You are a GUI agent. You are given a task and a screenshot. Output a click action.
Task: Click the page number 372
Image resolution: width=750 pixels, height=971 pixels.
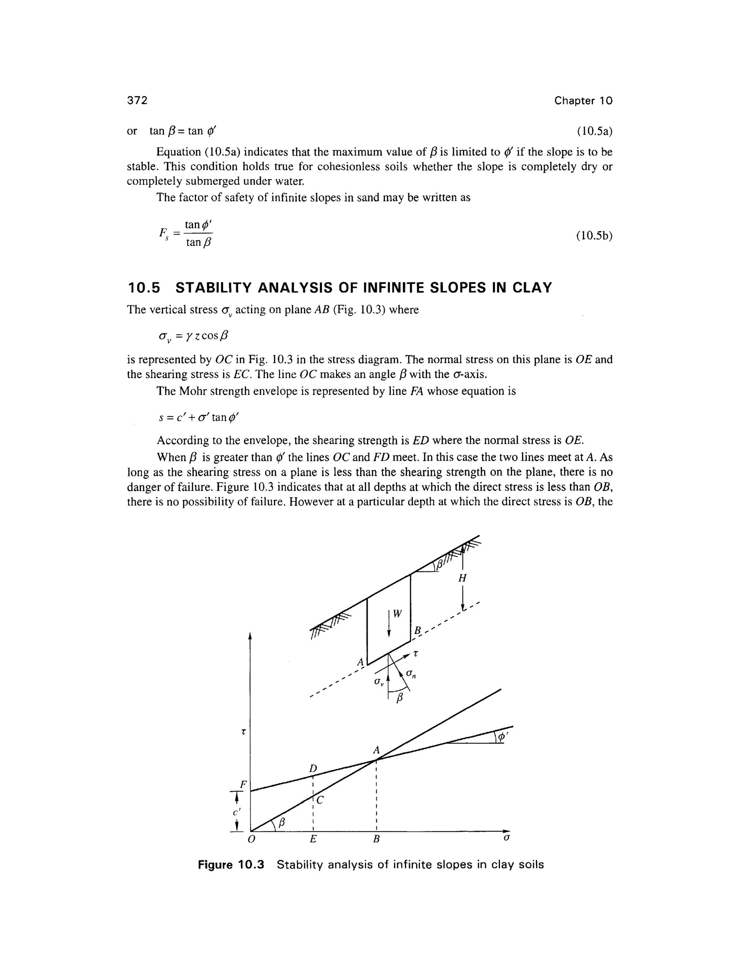pyautogui.click(x=137, y=100)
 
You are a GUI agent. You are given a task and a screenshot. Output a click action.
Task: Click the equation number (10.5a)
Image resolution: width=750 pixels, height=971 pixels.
pyautogui.click(x=594, y=131)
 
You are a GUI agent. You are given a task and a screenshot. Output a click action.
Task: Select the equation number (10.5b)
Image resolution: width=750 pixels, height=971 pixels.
pyautogui.click(x=594, y=236)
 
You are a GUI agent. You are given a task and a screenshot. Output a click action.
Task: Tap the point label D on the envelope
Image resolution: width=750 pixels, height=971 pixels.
pyautogui.click(x=313, y=768)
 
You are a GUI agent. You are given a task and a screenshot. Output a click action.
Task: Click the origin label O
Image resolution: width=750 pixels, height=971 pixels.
pyautogui.click(x=252, y=839)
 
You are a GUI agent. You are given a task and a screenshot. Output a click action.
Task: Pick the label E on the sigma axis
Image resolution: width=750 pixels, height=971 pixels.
pyautogui.click(x=313, y=839)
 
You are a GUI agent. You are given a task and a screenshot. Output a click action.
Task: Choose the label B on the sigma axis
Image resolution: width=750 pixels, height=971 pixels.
pyautogui.click(x=376, y=839)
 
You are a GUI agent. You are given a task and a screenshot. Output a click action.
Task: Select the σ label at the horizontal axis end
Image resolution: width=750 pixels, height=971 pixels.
pyautogui.click(x=506, y=838)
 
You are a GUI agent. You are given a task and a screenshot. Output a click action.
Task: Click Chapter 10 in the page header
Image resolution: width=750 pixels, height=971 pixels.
pyautogui.click(x=583, y=101)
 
